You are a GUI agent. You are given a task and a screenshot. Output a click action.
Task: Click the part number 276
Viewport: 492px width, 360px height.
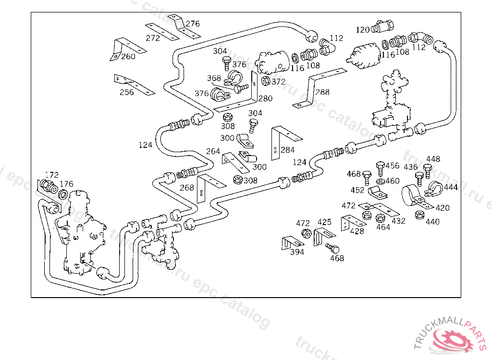pyautogui.click(x=193, y=24)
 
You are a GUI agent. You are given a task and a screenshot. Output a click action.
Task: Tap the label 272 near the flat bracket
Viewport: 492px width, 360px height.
pyautogui.click(x=153, y=38)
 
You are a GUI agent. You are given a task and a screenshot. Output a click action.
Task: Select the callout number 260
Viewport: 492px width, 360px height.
pyautogui.click(x=128, y=57)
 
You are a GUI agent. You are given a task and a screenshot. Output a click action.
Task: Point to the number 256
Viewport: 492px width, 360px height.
pyautogui.click(x=126, y=92)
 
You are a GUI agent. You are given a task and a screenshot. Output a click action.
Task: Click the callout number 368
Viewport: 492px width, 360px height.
pyautogui.click(x=214, y=78)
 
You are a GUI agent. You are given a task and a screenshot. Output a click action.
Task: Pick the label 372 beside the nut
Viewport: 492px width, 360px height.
pyautogui.click(x=279, y=82)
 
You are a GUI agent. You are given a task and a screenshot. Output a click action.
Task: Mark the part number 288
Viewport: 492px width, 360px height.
pyautogui.click(x=323, y=92)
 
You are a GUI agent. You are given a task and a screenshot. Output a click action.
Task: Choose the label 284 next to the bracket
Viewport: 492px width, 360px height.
pyautogui.click(x=288, y=150)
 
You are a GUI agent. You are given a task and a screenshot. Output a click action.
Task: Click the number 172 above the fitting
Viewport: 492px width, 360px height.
pyautogui.click(x=51, y=175)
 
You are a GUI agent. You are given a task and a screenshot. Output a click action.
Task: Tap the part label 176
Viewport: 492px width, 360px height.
pyautogui.click(x=66, y=183)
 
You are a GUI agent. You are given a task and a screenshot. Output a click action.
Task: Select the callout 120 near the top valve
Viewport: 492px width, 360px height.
pyautogui.click(x=363, y=30)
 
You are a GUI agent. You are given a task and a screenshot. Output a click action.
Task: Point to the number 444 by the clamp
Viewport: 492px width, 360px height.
pyautogui.click(x=451, y=187)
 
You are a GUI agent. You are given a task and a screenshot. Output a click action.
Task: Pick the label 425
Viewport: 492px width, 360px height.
pyautogui.click(x=325, y=222)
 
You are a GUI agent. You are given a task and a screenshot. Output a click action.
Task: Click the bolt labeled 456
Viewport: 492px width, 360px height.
pyautogui.click(x=380, y=168)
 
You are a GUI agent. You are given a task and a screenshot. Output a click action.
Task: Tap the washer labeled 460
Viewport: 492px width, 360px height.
pyautogui.click(x=380, y=181)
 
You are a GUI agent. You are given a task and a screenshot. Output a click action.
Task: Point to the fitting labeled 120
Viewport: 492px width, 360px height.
pyautogui.click(x=384, y=25)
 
